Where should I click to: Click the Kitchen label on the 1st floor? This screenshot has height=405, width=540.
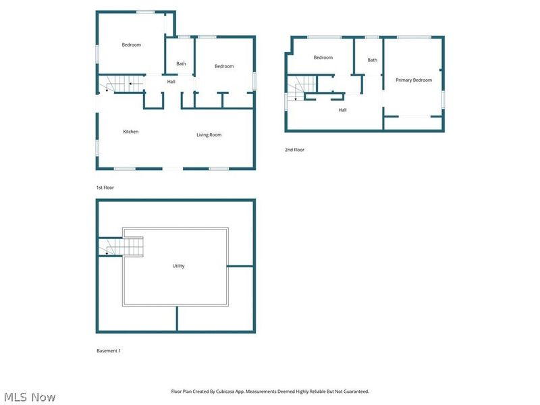[x=130, y=132]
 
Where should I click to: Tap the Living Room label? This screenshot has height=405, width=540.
[x=209, y=135]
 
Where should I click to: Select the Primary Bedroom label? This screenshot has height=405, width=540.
[x=413, y=80]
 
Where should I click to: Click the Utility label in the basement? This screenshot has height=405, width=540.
[x=178, y=266]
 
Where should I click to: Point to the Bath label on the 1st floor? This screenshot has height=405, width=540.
[x=181, y=64]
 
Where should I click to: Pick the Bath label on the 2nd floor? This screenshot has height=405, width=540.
[x=372, y=60]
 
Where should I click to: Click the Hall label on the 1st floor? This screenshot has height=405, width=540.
[x=171, y=82]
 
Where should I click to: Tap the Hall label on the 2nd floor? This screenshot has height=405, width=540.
[x=342, y=110]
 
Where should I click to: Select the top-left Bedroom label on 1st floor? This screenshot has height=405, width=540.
[x=131, y=45]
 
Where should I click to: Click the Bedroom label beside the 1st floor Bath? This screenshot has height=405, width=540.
[x=224, y=66]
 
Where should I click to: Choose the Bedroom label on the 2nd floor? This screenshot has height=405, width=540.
[x=323, y=57]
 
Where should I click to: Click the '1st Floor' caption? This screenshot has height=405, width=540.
[x=105, y=188]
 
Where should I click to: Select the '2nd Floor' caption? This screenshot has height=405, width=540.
[x=294, y=150]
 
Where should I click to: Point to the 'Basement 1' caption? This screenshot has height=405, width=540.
[x=109, y=351]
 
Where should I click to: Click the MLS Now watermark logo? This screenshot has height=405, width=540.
[x=29, y=397]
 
